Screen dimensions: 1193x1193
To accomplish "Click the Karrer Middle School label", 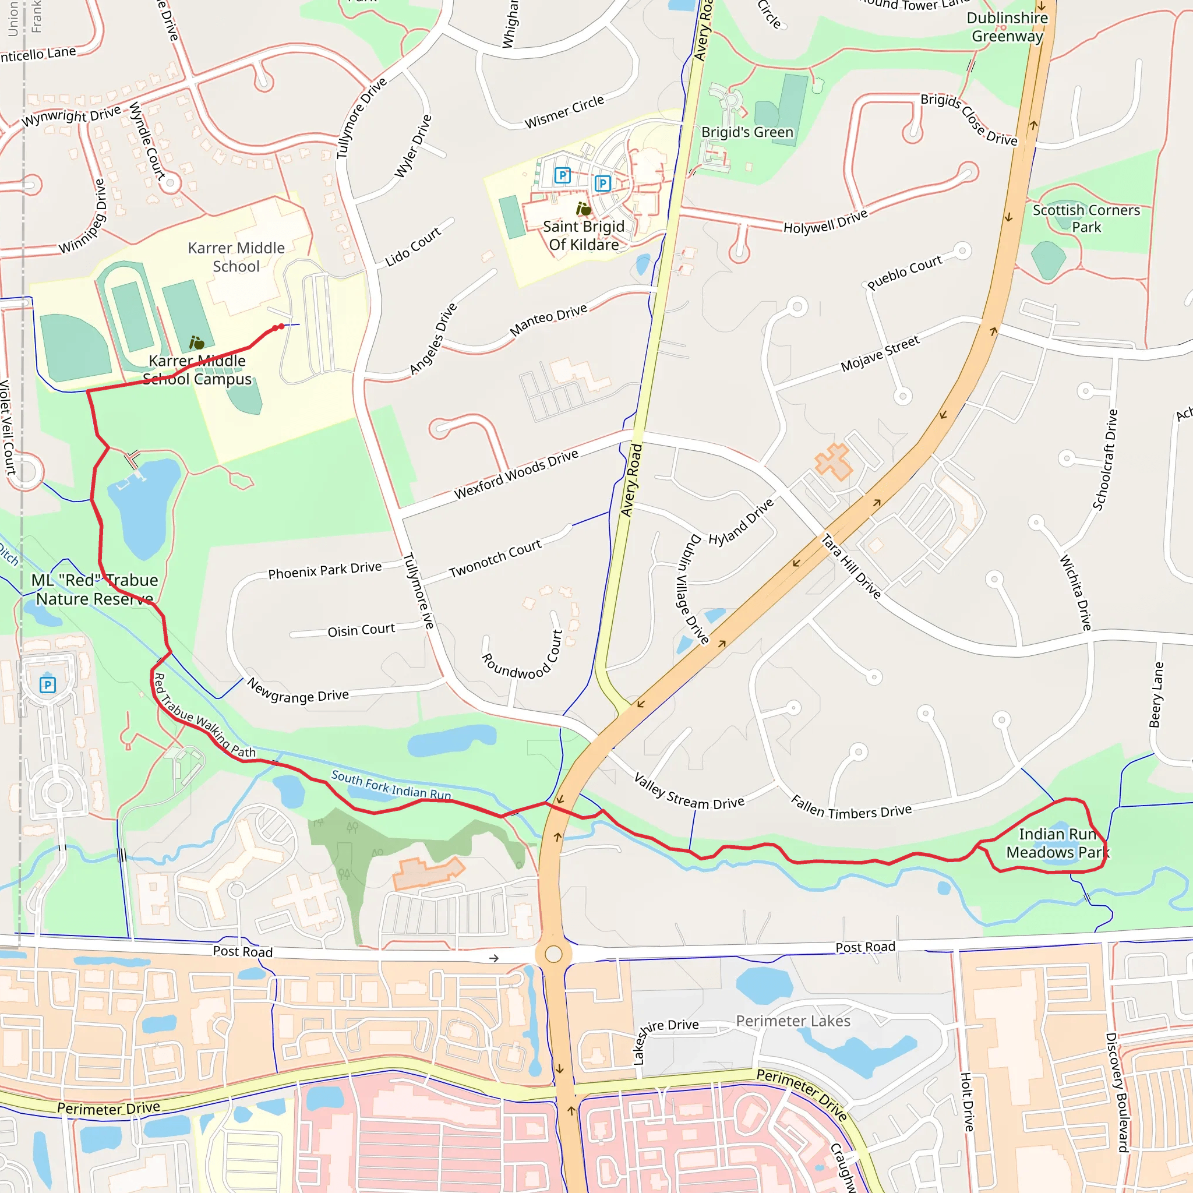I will [x=236, y=257].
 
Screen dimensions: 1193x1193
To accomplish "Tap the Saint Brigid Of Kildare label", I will [x=584, y=236].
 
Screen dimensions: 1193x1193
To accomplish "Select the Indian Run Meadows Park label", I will [x=1058, y=843].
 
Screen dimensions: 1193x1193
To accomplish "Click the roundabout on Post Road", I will [x=554, y=954].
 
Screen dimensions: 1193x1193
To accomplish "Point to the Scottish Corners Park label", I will [x=1086, y=218].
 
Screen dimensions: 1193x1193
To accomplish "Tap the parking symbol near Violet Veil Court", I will [x=48, y=685].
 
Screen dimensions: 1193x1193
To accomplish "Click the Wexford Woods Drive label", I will [x=516, y=474].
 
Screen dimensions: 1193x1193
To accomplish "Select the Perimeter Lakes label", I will [x=793, y=1021].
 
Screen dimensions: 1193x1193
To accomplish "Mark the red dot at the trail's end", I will [x=281, y=327].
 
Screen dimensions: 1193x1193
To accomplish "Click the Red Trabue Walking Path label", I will [x=204, y=716].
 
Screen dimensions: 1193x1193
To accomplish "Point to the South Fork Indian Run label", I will [x=391, y=785].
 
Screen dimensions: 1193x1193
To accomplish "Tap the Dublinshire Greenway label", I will [x=1007, y=27].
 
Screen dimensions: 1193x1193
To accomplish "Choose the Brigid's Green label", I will [x=747, y=133].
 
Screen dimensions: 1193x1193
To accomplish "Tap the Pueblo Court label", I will [x=905, y=272].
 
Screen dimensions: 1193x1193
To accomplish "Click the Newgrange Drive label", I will [x=298, y=691].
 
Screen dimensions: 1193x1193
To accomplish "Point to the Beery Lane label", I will [x=1156, y=695].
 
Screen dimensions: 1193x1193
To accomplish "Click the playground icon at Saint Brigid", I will [x=583, y=209].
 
